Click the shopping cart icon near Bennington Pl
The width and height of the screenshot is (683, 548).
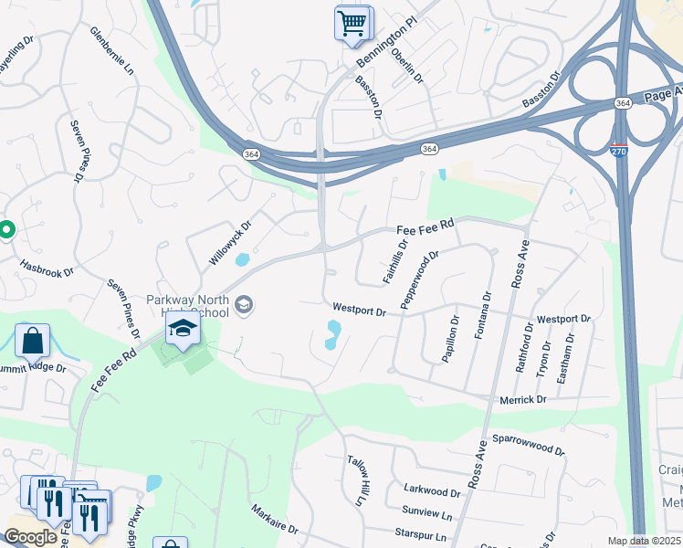click(x=352, y=22)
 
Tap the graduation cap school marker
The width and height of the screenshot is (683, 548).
click(x=183, y=330)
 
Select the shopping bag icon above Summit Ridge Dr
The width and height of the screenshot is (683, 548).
click(x=31, y=341)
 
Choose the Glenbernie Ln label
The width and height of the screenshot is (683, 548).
click(x=112, y=51)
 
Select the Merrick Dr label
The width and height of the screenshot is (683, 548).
click(x=522, y=400)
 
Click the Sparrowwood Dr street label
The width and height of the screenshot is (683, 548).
click(x=529, y=445)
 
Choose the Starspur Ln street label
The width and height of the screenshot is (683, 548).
click(x=421, y=535)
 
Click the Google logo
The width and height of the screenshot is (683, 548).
click(x=30, y=537)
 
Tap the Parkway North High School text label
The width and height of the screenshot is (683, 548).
click(x=187, y=305)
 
